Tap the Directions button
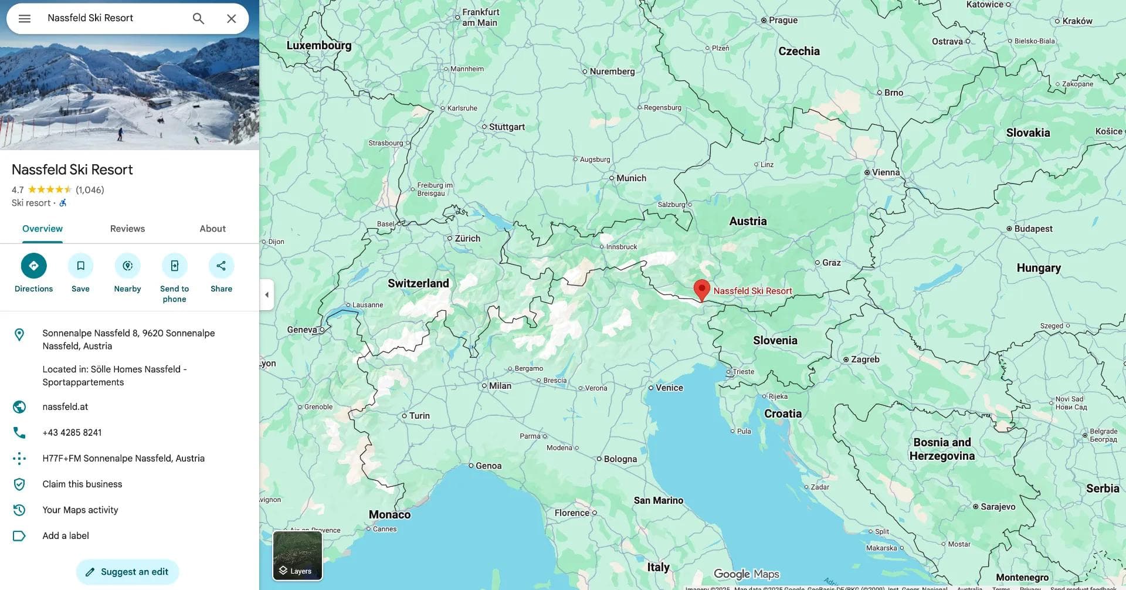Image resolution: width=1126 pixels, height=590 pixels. coord(33,266)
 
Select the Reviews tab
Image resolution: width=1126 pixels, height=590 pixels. coord(127,229)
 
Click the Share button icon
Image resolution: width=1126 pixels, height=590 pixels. coord(221,266)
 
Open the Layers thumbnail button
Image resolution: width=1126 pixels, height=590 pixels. coord(297,555)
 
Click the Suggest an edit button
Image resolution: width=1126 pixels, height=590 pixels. coord(127,572)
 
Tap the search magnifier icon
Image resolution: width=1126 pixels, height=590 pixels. coord(198,19)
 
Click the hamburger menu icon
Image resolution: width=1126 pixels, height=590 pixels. coord(25,19)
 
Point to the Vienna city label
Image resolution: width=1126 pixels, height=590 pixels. coord(885,172)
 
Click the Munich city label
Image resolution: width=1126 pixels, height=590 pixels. coord(630,178)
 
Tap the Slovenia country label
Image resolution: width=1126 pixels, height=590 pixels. coord(775,341)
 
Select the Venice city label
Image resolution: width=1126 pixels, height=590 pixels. coord(669,388)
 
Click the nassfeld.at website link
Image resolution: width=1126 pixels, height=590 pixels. coord(65,407)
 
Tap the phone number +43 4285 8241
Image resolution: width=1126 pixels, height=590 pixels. coord(72,433)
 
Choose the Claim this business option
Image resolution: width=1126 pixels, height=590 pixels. coord(82,484)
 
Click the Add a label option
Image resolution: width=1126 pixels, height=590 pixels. coord(66,536)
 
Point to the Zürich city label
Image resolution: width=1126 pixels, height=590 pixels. coord(467,239)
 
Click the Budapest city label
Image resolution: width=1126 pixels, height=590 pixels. coord(1033,229)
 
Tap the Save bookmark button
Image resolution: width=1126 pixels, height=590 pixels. coord(80,266)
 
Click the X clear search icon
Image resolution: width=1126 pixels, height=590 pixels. coord(232,19)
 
